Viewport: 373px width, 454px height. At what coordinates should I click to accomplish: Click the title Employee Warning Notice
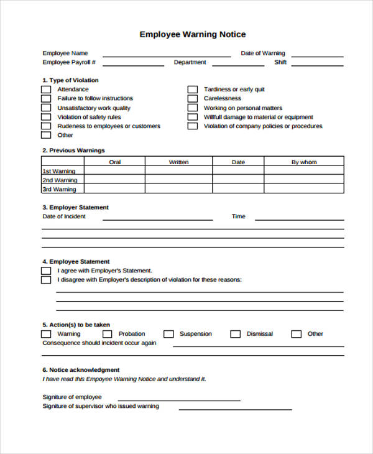pyautogui.click(x=192, y=34)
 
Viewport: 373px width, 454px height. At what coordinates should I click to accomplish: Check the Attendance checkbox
pyautogui.click(x=46, y=90)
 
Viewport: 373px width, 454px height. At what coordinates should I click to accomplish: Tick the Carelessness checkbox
pyautogui.click(x=193, y=98)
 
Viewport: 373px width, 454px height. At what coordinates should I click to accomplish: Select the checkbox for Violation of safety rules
pyautogui.click(x=46, y=117)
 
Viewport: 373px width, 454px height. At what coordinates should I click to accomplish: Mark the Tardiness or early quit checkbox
pyautogui.click(x=193, y=90)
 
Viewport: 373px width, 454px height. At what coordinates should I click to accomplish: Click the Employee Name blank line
pyautogui.click(x=166, y=55)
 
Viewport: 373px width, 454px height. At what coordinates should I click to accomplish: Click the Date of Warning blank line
pyautogui.click(x=317, y=55)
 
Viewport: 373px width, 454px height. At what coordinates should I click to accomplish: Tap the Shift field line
pyautogui.click(x=317, y=64)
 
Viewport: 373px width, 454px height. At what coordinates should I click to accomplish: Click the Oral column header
pyautogui.click(x=115, y=162)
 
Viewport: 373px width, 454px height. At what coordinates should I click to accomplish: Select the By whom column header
pyautogui.click(x=304, y=162)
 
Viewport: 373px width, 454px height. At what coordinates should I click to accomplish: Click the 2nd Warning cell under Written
pyautogui.click(x=178, y=180)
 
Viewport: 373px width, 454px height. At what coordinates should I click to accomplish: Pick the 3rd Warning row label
pyautogui.click(x=60, y=189)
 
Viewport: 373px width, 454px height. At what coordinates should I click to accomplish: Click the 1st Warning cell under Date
pyautogui.click(x=238, y=171)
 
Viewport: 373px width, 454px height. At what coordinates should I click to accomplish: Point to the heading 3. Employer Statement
pyautogui.click(x=75, y=207)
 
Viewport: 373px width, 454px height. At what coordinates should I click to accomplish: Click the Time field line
pyautogui.click(x=299, y=219)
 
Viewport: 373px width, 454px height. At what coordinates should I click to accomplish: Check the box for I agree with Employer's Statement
pyautogui.click(x=46, y=271)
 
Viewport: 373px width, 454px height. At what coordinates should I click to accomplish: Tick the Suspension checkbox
pyautogui.click(x=168, y=334)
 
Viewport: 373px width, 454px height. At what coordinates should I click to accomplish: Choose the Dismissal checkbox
pyautogui.click(x=235, y=334)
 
